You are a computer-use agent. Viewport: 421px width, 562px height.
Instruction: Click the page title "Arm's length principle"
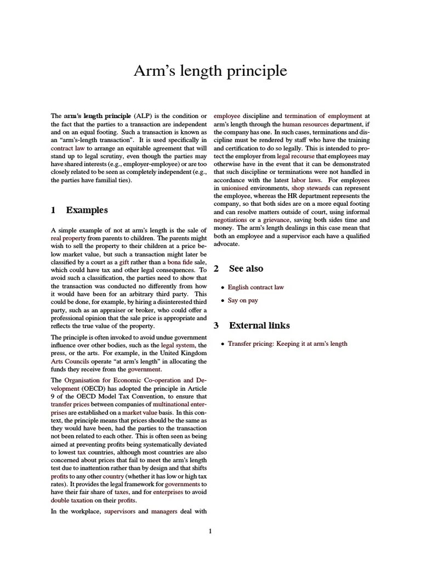pos(210,71)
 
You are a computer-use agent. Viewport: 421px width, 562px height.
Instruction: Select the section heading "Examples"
pos(87,210)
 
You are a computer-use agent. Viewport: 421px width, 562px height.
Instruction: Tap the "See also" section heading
pos(246,268)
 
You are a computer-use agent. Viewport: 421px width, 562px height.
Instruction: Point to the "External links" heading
pos(259,325)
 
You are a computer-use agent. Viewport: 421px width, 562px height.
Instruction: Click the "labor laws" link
pos(307,180)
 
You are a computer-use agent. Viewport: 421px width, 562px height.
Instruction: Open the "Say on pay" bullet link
pos(243,301)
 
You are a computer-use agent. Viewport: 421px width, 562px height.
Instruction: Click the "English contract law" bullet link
pos(255,287)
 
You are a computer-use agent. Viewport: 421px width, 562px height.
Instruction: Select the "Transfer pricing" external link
pos(287,344)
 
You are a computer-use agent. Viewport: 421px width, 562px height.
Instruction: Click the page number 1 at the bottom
pos(210,531)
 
